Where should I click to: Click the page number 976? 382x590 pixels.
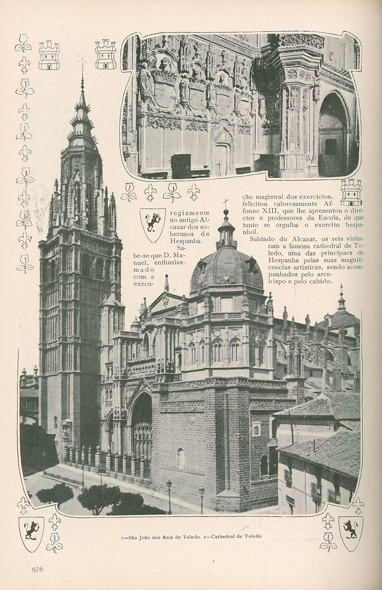coord(37,569)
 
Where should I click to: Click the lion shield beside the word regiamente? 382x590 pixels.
coord(152,225)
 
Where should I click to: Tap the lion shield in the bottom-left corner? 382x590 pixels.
coord(31,534)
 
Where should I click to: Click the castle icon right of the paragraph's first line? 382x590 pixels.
coord(351,193)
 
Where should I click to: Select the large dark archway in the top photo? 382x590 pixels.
coord(333,134)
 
